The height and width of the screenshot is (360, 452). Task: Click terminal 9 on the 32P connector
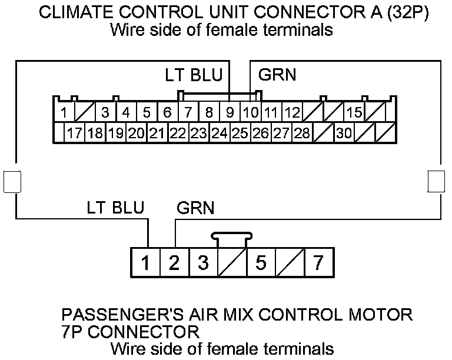230,112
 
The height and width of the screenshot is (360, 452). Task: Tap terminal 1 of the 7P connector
145,262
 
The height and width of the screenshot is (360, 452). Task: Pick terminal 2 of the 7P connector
174,262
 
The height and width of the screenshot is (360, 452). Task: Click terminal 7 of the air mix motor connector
318,262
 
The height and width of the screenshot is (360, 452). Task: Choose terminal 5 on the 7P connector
261,262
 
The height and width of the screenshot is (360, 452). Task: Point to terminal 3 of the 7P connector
203,262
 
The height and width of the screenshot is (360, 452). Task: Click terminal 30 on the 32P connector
344,134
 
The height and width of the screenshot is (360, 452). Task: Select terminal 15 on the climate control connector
354,112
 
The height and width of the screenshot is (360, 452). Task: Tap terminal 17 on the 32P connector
74,134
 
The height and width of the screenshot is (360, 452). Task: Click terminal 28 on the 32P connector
302,134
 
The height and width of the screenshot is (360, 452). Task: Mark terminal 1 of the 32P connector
64,112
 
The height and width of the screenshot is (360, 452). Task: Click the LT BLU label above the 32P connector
194,75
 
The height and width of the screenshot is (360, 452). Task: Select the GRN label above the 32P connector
277,75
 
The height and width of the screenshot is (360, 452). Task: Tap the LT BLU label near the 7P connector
115,208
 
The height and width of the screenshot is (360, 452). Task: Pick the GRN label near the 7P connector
195,208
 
